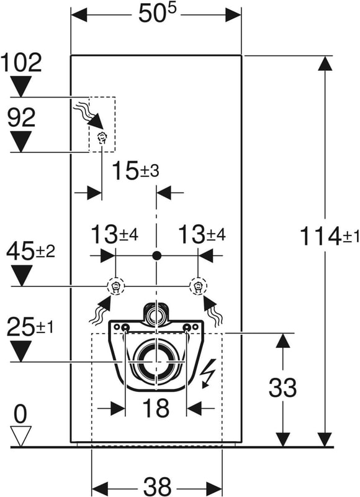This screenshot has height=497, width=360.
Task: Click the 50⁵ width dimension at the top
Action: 157,14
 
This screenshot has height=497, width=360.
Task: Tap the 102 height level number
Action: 21,63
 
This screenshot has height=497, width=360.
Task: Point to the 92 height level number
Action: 21,117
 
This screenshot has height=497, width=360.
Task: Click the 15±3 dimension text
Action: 135,170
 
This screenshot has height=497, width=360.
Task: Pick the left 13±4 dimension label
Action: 115,235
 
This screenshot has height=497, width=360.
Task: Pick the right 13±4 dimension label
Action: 202,235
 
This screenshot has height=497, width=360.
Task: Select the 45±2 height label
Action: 30,251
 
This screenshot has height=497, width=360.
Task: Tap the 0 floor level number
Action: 20,414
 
